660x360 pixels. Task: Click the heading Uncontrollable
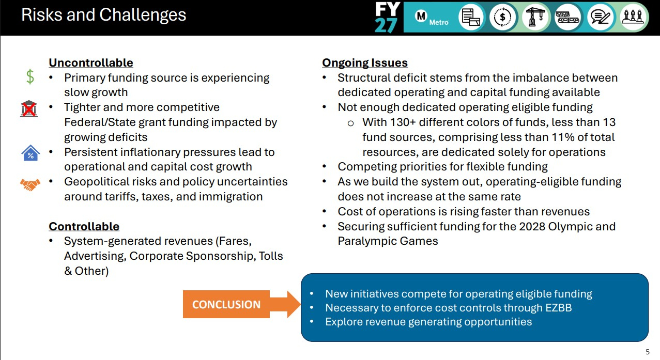tap(91, 62)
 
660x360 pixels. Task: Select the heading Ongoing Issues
tap(365, 62)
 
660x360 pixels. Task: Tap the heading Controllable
tap(84, 226)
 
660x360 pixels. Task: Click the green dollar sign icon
tap(30, 77)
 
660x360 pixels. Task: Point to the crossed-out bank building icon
tap(29, 109)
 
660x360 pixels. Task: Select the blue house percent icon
tap(30, 153)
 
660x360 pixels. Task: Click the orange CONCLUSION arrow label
tap(226, 304)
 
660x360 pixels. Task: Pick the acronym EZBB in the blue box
tap(558, 308)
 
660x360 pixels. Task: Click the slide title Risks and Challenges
tap(104, 14)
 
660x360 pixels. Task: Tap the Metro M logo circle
tap(421, 16)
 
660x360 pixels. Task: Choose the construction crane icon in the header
tap(535, 17)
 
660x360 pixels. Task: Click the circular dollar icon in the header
tap(503, 17)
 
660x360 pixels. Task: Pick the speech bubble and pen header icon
tap(600, 17)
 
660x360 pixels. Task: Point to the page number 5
tap(648, 352)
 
